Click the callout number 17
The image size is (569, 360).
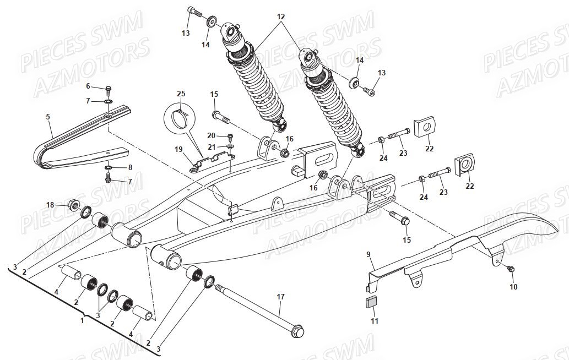(280, 297)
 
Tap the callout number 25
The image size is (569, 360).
(181, 94)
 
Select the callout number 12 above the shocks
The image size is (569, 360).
(281, 17)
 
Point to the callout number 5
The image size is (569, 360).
(48, 117)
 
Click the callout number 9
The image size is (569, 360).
(369, 254)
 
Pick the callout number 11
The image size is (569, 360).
(375, 321)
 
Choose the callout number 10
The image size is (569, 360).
(513, 287)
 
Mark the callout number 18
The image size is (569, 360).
(50, 205)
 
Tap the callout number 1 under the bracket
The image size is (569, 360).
(82, 320)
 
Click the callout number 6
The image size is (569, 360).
(88, 86)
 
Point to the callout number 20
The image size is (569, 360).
(211, 135)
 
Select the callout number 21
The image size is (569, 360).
(211, 147)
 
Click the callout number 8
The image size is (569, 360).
(130, 167)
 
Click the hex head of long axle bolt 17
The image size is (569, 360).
(298, 332)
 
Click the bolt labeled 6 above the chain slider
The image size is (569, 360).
(109, 89)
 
